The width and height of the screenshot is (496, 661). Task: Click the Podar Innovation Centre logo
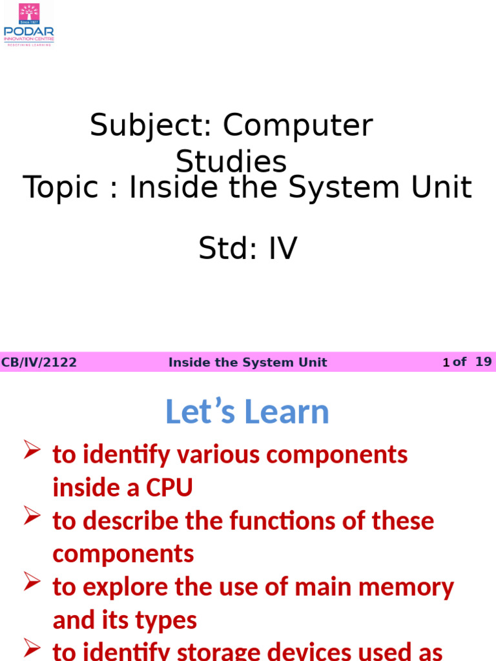click(x=29, y=25)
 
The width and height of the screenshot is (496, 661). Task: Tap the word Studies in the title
click(x=231, y=161)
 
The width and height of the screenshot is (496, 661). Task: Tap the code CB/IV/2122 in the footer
click(x=39, y=363)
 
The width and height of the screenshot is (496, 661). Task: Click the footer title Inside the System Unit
click(x=247, y=363)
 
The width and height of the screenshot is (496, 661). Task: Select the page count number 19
click(x=483, y=362)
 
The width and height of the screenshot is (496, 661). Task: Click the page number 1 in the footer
click(x=446, y=363)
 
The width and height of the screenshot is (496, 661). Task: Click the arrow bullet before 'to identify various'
click(x=32, y=450)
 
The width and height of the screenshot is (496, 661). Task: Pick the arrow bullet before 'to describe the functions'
click(x=32, y=516)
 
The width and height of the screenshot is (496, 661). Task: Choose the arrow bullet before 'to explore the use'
click(x=32, y=582)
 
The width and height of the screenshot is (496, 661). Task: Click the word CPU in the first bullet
click(x=169, y=487)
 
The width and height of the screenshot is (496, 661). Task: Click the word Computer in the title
click(x=298, y=125)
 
